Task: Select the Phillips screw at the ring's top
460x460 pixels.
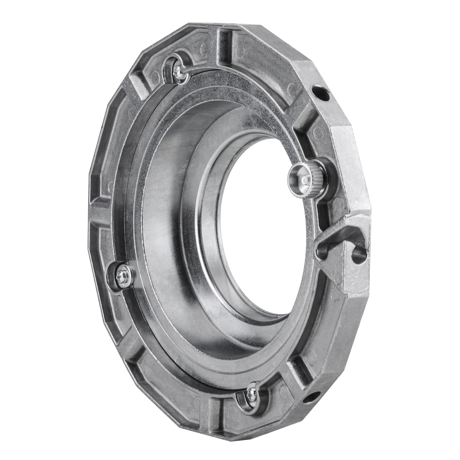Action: [x=177, y=69]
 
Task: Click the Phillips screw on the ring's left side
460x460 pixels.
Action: [x=121, y=273]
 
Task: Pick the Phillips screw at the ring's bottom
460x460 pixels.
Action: [x=251, y=392]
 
